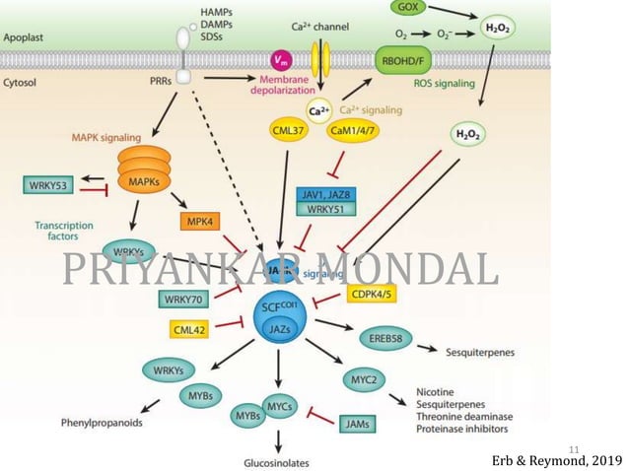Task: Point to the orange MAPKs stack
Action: tap(145, 172)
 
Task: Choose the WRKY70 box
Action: tap(183, 297)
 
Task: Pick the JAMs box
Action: tap(360, 423)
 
